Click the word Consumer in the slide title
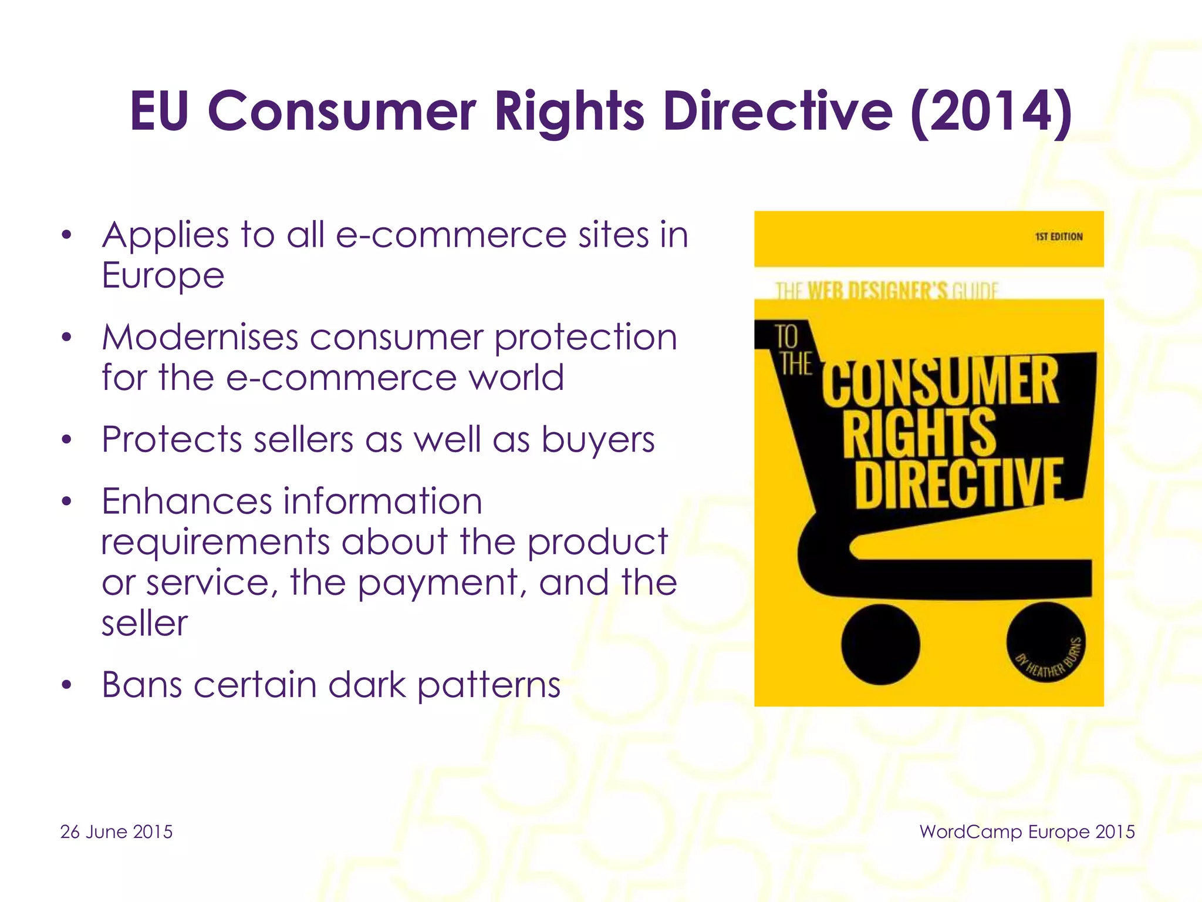tap(342, 112)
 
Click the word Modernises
tap(200, 338)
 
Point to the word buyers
tap(597, 439)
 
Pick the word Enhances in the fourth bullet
tap(187, 502)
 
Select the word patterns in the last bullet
tap(489, 686)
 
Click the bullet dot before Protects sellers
tap(67, 440)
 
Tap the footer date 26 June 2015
tap(116, 832)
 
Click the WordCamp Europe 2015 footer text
tap(1027, 832)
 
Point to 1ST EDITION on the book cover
tap(1058, 237)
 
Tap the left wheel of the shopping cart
tap(880, 644)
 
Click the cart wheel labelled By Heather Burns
tap(1045, 644)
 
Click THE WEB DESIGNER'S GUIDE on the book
tap(886, 290)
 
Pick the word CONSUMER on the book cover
tap(941, 382)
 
